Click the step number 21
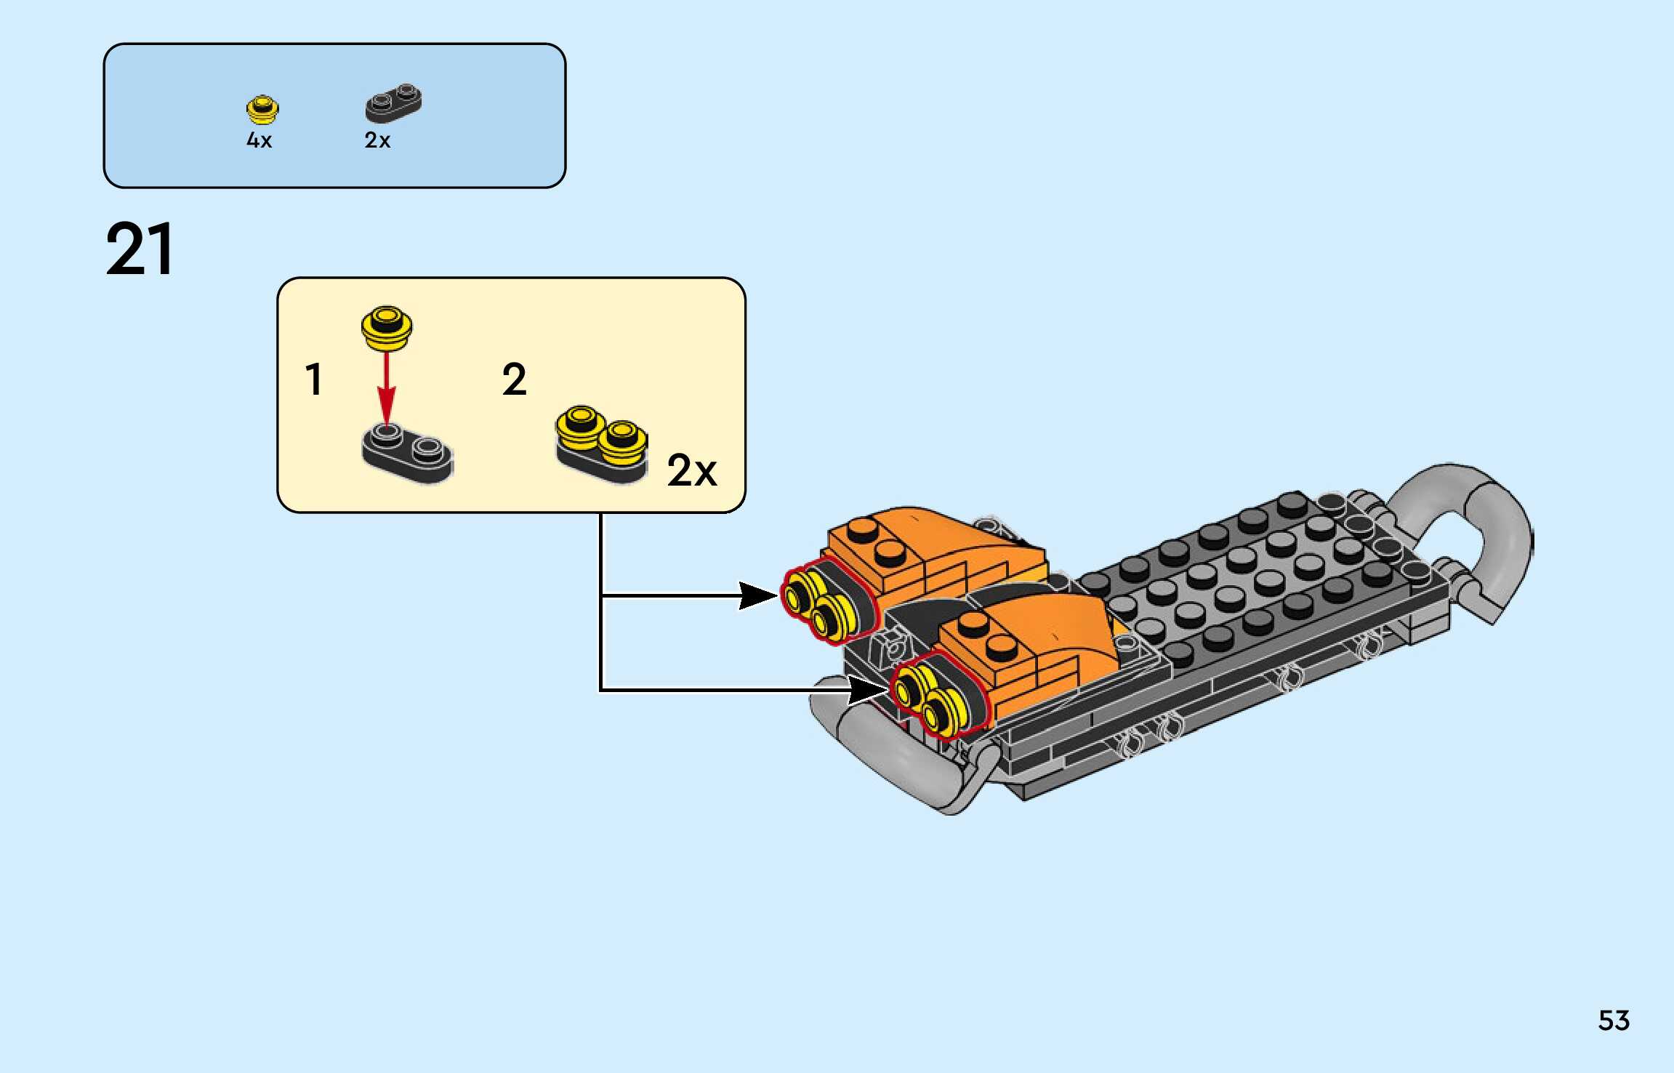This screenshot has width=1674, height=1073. [140, 249]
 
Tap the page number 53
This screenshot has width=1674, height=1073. [1614, 1021]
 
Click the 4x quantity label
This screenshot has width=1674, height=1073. [259, 140]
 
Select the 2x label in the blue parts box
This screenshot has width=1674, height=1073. [377, 140]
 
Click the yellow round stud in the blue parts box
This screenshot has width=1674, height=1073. [262, 110]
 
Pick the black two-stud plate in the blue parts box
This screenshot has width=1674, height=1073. [393, 103]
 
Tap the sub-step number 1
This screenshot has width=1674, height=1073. [314, 379]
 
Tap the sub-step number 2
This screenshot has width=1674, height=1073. [514, 379]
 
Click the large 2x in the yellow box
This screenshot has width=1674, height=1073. [691, 471]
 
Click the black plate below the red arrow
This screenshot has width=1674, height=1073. [407, 454]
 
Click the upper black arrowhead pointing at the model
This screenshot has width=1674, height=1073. [757, 595]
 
